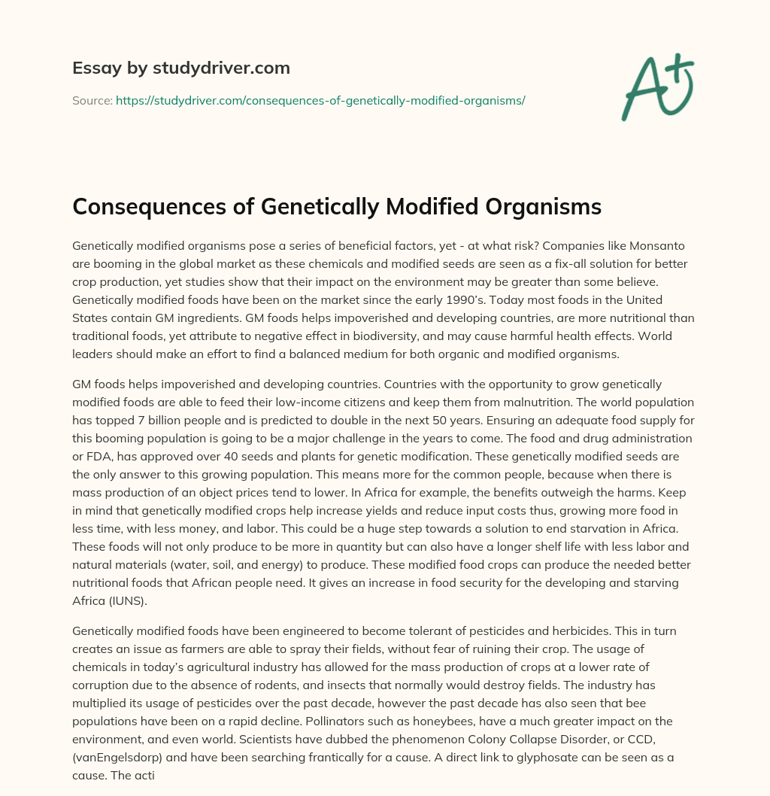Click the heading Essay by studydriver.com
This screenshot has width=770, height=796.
point(180,68)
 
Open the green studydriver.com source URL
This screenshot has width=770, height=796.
point(320,100)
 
